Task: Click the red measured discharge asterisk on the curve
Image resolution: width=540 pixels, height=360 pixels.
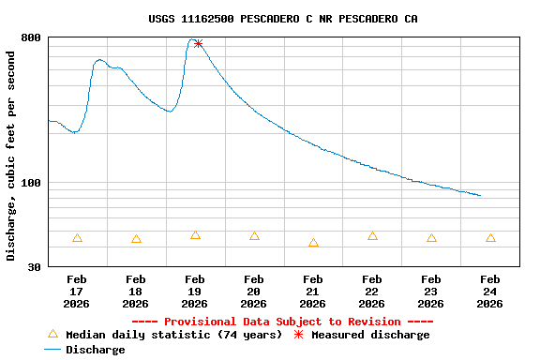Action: click(198, 44)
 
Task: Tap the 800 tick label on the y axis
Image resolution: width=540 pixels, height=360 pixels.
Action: click(31, 37)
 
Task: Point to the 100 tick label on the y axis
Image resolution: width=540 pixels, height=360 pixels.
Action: click(31, 183)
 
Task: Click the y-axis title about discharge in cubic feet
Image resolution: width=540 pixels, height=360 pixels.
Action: click(11, 156)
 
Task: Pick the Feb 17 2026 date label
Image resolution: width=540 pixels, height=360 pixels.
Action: click(77, 291)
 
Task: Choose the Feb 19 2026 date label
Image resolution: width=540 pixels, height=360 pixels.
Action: click(195, 291)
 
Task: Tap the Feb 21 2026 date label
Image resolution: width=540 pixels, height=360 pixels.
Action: click(313, 291)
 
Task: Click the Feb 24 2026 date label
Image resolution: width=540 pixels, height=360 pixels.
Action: click(490, 291)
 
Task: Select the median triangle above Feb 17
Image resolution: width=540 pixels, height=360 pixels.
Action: click(77, 238)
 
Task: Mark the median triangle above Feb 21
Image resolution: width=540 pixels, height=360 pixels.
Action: click(313, 243)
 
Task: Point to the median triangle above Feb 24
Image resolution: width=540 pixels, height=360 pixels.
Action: click(490, 238)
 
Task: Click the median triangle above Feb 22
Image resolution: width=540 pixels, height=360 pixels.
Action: click(372, 236)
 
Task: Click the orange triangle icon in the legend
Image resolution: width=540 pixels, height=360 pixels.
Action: click(52, 334)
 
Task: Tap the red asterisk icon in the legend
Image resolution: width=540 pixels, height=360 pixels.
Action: click(299, 335)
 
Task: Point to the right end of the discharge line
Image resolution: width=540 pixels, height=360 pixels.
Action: click(481, 196)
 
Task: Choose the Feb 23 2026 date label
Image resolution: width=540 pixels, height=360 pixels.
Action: click(431, 291)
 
